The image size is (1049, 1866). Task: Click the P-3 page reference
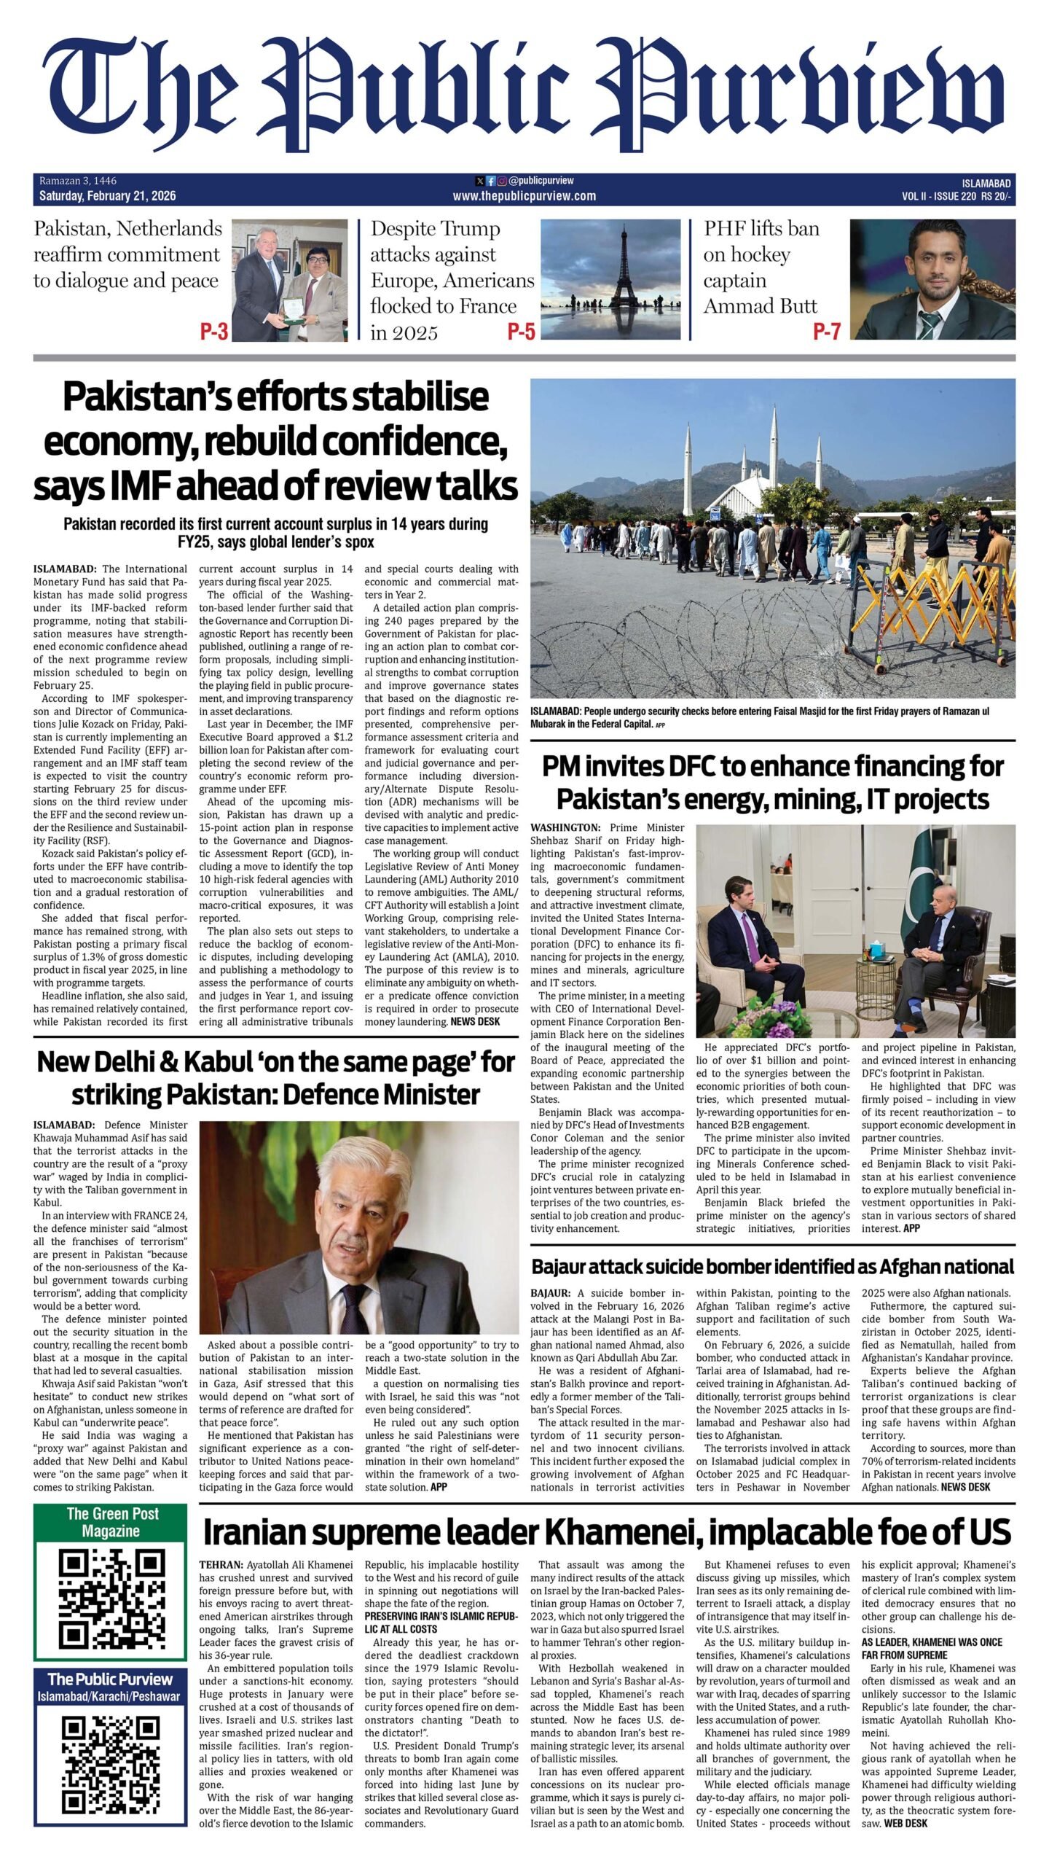tap(214, 332)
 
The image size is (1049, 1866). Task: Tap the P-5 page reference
tap(521, 332)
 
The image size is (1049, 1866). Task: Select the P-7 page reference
tap(826, 332)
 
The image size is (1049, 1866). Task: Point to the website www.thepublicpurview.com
tap(524, 196)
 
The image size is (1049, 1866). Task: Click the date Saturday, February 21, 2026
tap(108, 196)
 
